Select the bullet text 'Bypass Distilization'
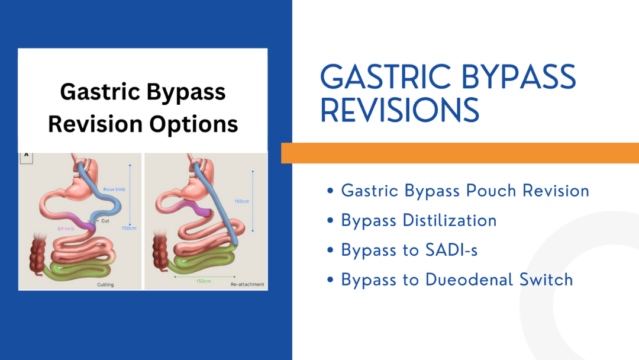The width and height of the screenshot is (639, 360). pyautogui.click(x=419, y=220)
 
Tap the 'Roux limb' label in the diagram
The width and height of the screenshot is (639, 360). pyautogui.click(x=114, y=189)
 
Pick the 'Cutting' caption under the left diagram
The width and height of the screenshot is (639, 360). pyautogui.click(x=106, y=285)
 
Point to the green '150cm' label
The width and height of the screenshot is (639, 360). pyautogui.click(x=203, y=281)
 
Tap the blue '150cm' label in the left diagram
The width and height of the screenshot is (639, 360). pyautogui.click(x=129, y=229)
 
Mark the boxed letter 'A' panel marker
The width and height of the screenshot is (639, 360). pyautogui.click(x=26, y=156)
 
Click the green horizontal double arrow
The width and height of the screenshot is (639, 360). pyautogui.click(x=204, y=276)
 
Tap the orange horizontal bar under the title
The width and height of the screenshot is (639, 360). pyautogui.click(x=460, y=153)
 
